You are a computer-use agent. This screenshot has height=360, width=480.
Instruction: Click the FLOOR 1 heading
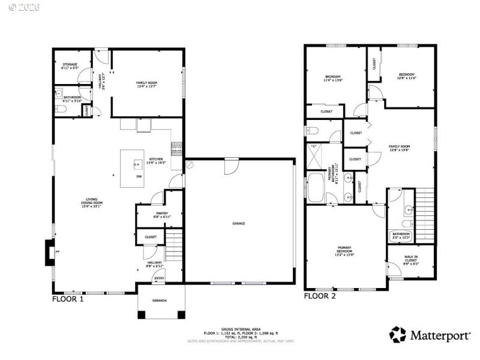pyautogui.click(x=68, y=299)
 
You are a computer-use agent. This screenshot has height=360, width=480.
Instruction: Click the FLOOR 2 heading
pyautogui.click(x=320, y=296)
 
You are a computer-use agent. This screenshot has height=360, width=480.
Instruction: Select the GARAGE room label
pyautogui.click(x=239, y=223)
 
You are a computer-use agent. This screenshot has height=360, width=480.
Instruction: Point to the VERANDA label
pyautogui.click(x=160, y=300)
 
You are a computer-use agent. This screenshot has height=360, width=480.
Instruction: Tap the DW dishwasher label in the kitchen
pyautogui.click(x=139, y=176)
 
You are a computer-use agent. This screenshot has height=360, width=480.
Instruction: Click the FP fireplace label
pyautogui.click(x=58, y=253)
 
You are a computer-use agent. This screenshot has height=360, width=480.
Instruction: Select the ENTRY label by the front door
pyautogui.click(x=159, y=278)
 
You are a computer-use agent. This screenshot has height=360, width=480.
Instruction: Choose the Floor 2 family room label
pyautogui.click(x=399, y=148)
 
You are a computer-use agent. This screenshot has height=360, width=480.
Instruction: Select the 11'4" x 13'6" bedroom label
pyautogui.click(x=333, y=79)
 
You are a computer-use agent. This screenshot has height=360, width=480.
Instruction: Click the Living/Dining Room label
pyautogui.click(x=92, y=205)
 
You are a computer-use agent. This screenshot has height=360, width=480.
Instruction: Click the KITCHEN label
pyautogui.click(x=156, y=161)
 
